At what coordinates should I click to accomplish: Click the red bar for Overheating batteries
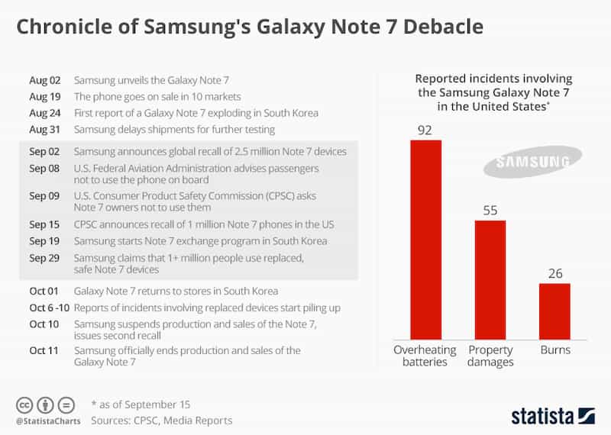click(x=425, y=240)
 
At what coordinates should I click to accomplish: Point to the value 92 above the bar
click(x=425, y=130)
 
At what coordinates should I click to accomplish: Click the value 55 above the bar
click(x=490, y=210)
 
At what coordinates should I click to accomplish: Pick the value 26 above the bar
click(x=554, y=272)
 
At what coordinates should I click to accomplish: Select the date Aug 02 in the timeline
click(x=43, y=80)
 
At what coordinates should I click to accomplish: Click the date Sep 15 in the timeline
click(x=43, y=224)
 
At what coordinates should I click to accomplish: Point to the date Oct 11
click(x=43, y=350)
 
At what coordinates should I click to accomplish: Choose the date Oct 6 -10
click(x=47, y=308)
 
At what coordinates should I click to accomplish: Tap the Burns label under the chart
click(x=554, y=350)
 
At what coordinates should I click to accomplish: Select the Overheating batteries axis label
click(x=425, y=356)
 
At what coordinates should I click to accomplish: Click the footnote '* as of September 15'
click(x=140, y=404)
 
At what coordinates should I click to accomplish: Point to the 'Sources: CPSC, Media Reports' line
click(x=161, y=420)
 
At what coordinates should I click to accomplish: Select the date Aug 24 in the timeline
click(x=43, y=113)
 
